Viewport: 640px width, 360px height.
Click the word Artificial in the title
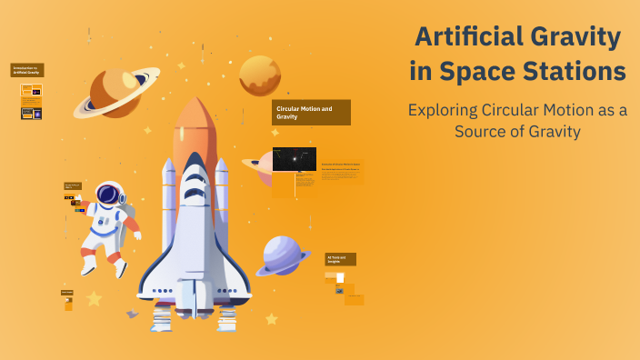coord(465,38)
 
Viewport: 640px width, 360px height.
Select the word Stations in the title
coord(577,71)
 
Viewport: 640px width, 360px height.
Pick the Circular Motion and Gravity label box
coord(312,113)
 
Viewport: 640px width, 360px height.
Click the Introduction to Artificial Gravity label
coord(27,70)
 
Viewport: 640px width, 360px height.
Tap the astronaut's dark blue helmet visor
coord(108,194)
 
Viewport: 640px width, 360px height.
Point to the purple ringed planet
coord(284,255)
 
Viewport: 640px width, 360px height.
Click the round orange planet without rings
coord(260,75)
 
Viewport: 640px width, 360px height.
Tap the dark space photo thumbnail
coord(295,159)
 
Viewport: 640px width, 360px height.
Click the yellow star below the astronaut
coord(94,298)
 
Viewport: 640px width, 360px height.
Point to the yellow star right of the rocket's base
coord(271,318)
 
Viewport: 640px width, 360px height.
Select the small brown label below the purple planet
coord(341,259)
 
